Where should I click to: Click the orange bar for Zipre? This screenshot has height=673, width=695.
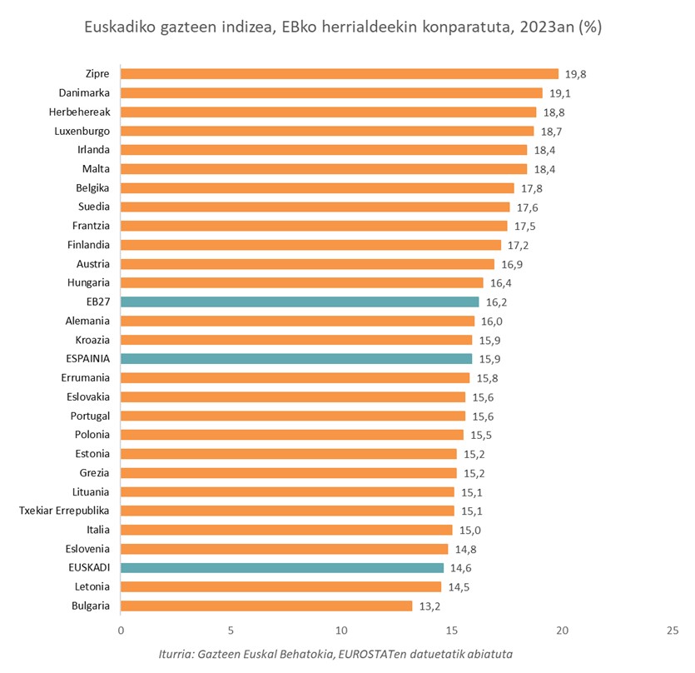coord(340,74)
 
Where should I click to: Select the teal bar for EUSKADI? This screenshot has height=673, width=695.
coord(282,567)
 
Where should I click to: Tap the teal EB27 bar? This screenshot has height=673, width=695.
coord(300,302)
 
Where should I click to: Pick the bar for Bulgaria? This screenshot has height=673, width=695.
coord(266,606)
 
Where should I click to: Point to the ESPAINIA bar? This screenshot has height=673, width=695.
coord(296,359)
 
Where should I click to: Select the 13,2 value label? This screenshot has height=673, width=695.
coord(429,606)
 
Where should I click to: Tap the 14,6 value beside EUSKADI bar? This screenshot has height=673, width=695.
coord(461,567)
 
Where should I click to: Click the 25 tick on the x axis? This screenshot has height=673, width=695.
coord(673,631)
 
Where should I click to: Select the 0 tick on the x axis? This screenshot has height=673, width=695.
coord(121,631)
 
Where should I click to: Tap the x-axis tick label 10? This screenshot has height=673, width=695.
coord(341,631)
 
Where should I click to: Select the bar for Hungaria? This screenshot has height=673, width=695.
coord(302,282)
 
